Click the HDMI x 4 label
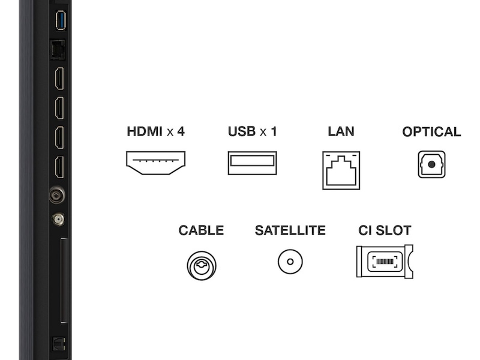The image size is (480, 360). pyautogui.click(x=155, y=131)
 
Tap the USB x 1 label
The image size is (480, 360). pyautogui.click(x=252, y=131)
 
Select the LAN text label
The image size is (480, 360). pyautogui.click(x=341, y=131)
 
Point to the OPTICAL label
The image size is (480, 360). pyautogui.click(x=431, y=132)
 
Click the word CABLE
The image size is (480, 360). pyautogui.click(x=201, y=230)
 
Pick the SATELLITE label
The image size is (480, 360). pyautogui.click(x=290, y=230)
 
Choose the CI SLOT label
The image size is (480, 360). pyautogui.click(x=385, y=230)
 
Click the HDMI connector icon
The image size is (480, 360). pyautogui.click(x=155, y=163)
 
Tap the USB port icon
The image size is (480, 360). pyautogui.click(x=252, y=163)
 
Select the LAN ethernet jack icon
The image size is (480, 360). pyautogui.click(x=341, y=170)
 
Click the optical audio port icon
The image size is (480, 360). pyautogui.click(x=431, y=164)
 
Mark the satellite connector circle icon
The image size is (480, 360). pyautogui.click(x=290, y=262)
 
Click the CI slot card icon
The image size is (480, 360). pyautogui.click(x=385, y=261)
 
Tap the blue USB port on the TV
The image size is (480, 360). pyautogui.click(x=59, y=20)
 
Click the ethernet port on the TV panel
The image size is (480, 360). pyautogui.click(x=58, y=49)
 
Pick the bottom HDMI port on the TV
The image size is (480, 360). pyautogui.click(x=59, y=167)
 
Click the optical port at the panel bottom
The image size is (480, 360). pyautogui.click(x=59, y=344)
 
